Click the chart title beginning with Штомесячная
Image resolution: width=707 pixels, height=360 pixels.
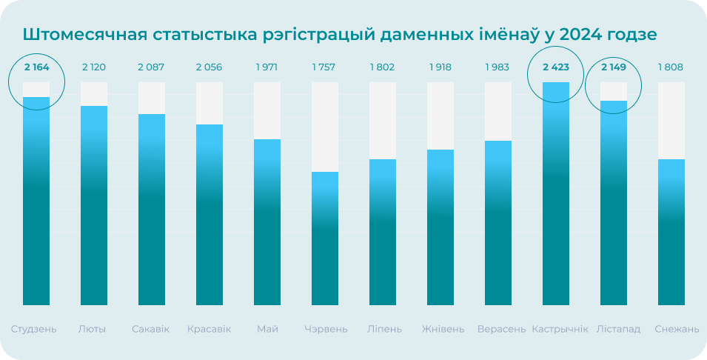[340, 35]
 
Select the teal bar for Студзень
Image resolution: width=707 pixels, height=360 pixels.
[36, 201]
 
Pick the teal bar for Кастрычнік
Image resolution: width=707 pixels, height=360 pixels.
[556, 193]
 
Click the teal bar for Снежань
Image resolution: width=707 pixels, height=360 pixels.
[671, 232]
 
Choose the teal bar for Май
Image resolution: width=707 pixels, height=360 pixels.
[267, 222]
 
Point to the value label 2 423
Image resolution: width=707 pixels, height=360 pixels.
[556, 67]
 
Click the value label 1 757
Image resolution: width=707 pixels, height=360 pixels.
[324, 67]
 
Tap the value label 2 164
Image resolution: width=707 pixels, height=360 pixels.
[36, 67]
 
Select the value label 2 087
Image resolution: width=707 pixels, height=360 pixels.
[151, 67]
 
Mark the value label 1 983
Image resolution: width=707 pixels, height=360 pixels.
[497, 67]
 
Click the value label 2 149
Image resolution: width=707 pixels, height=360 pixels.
[614, 67]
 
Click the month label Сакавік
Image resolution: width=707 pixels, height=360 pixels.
[150, 329]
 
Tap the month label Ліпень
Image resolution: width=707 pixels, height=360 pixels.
[382, 329]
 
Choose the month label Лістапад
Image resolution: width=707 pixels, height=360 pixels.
[618, 329]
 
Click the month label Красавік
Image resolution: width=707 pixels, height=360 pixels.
[209, 329]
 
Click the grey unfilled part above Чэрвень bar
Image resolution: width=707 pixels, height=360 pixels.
[324, 127]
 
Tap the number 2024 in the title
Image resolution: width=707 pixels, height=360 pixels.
[582, 35]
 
